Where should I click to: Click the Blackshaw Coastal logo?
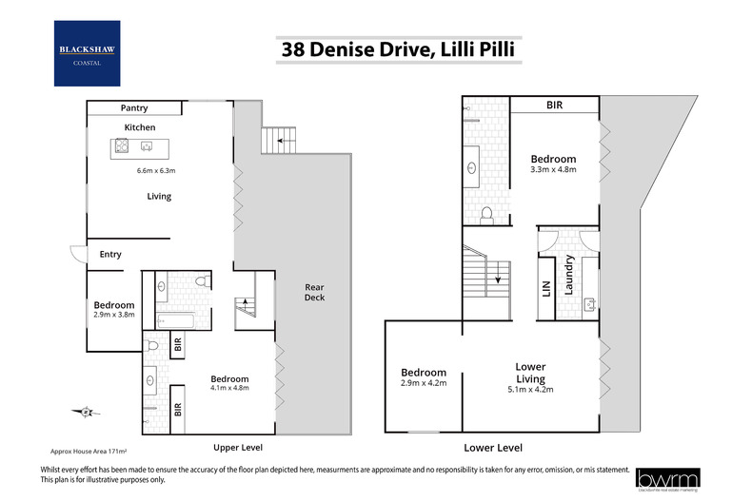(88, 53)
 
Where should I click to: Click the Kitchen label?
(139, 127)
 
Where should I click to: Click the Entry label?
(110, 254)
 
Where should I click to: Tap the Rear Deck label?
(314, 292)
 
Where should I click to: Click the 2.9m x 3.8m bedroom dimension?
(113, 314)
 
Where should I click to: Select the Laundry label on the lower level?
(569, 275)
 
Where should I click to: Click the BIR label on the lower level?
(554, 106)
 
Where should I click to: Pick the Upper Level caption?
(238, 447)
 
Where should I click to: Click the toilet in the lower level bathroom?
(486, 215)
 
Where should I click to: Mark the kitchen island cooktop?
(122, 146)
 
